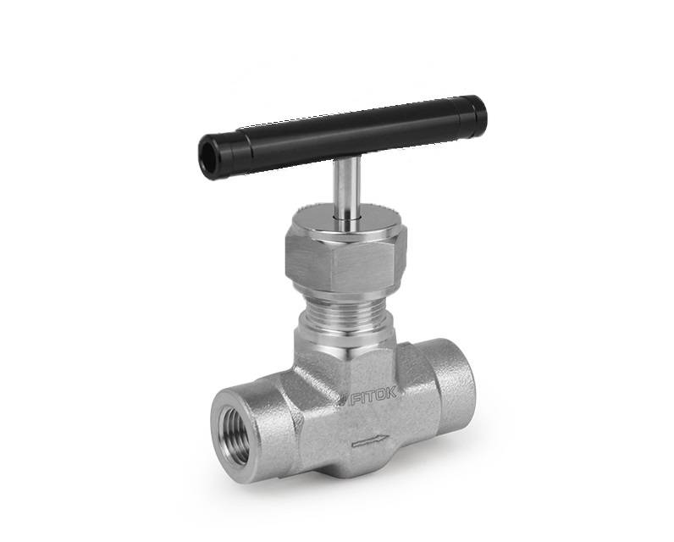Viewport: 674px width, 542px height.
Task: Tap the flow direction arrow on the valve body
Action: pyautogui.click(x=371, y=441)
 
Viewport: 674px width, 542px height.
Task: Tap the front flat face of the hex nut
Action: pyautogui.click(x=364, y=268)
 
